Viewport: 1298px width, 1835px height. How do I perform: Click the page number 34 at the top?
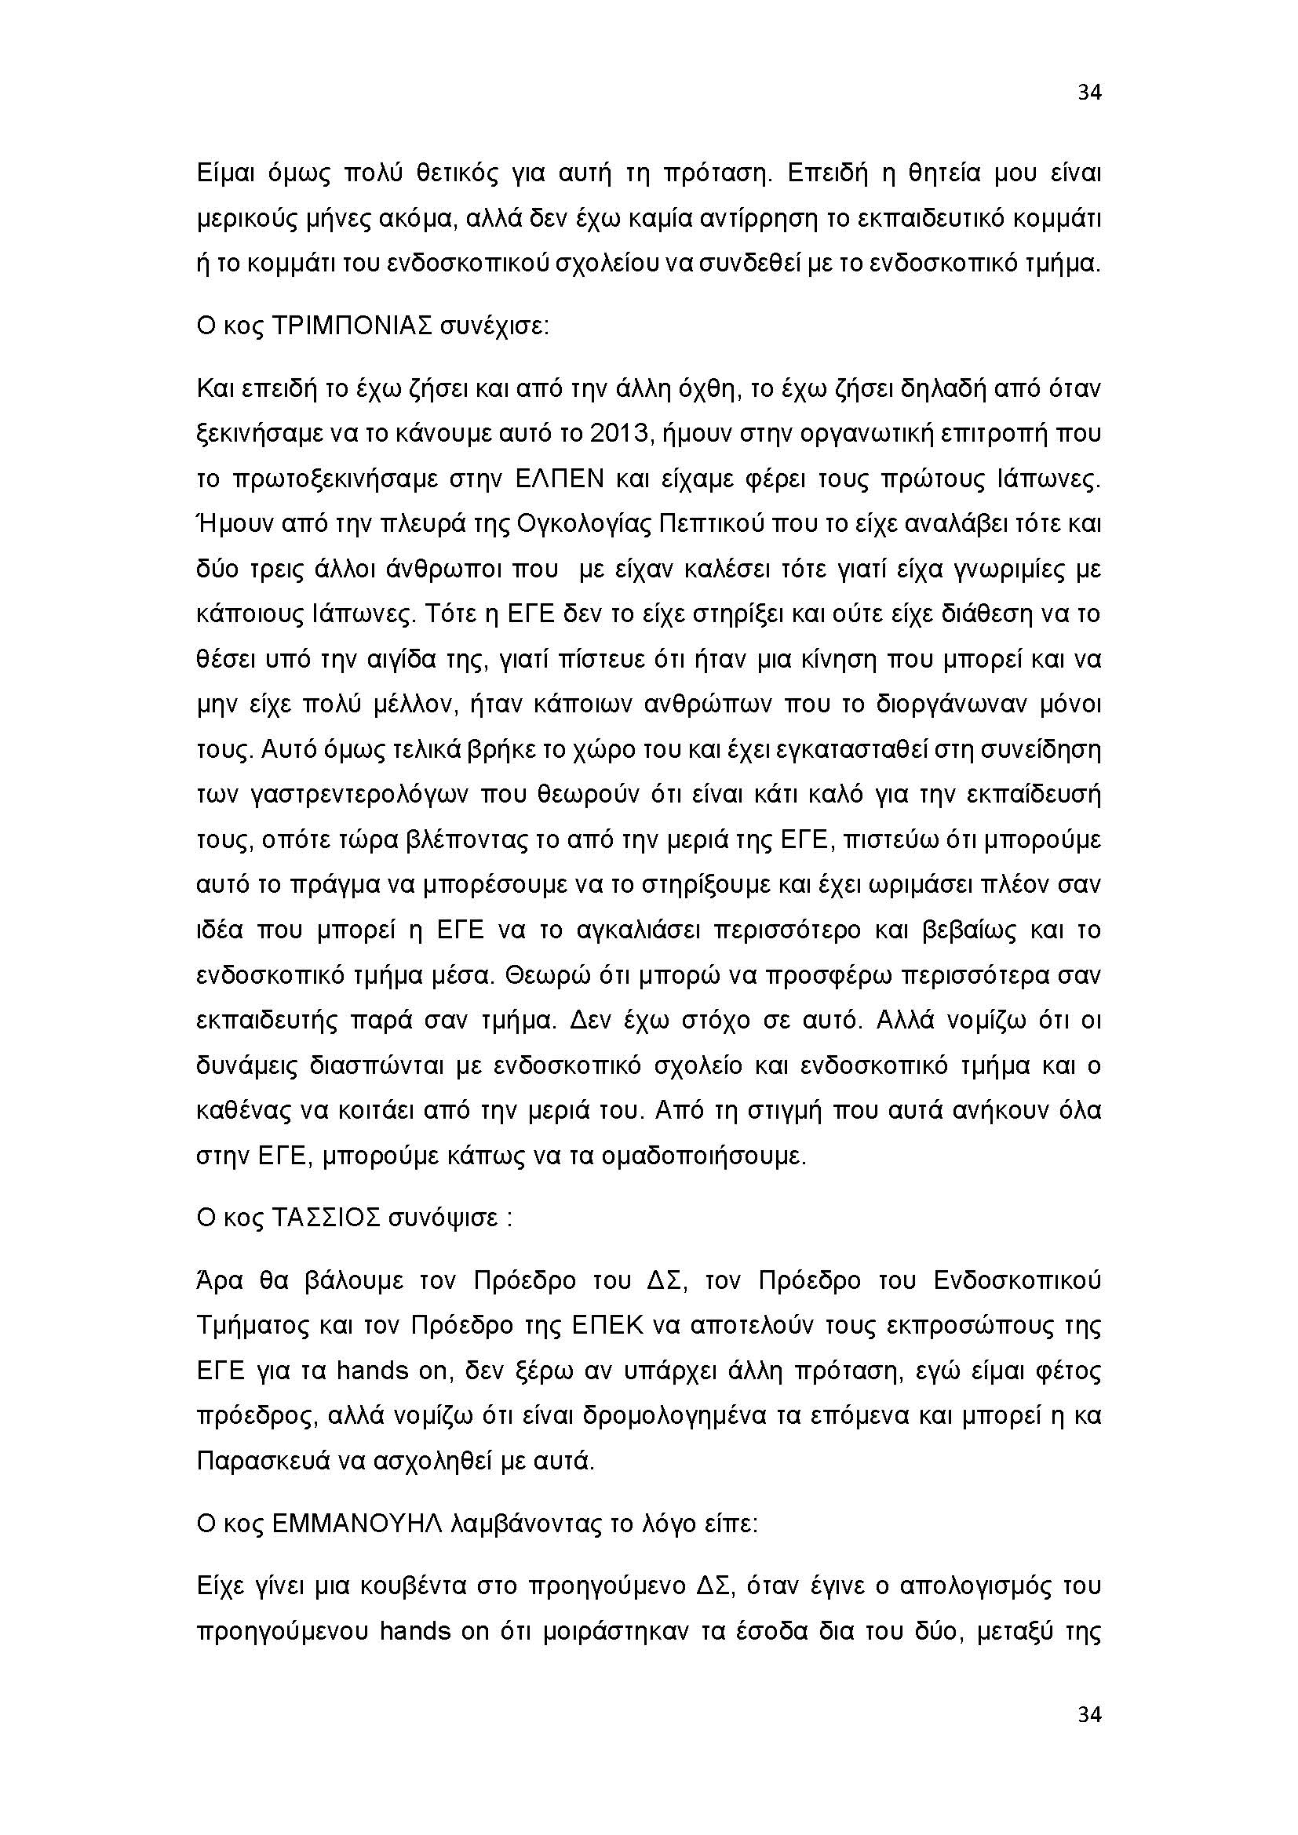[x=1089, y=93]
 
